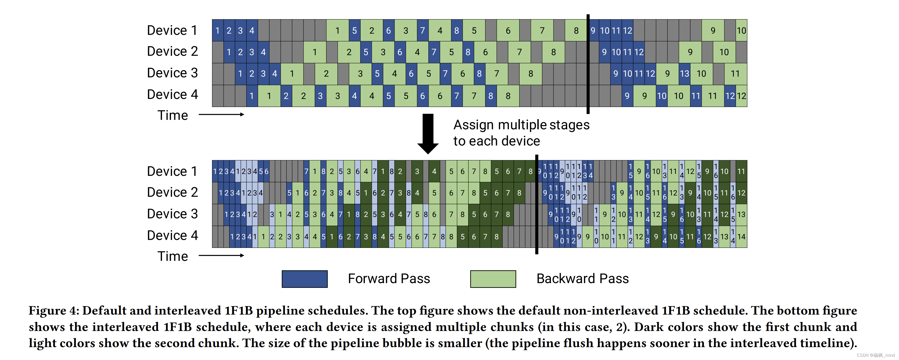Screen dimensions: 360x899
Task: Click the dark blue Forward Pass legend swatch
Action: click(304, 279)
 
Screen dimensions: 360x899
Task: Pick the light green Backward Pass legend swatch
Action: click(493, 279)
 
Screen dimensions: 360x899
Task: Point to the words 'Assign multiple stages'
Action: click(521, 125)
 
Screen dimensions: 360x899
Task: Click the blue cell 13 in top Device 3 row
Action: click(684, 74)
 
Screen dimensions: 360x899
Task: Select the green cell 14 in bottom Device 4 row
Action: click(741, 237)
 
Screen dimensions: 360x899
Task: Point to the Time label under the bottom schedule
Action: click(172, 256)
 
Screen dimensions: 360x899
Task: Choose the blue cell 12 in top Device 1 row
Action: click(627, 30)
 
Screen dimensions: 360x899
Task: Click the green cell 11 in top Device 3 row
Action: click(735, 74)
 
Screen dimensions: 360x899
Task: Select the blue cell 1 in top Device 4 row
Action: click(252, 96)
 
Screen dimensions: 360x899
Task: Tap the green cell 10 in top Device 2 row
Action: click(724, 52)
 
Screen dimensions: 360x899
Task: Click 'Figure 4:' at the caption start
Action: click(54, 311)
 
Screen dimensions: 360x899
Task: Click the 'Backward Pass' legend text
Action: click(582, 279)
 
